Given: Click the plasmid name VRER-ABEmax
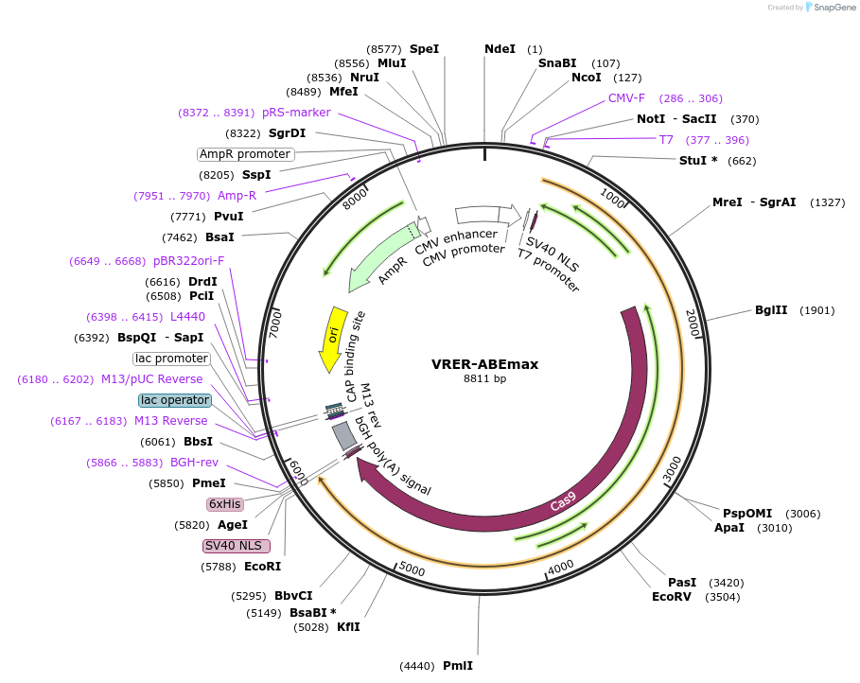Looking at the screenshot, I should click(484, 364).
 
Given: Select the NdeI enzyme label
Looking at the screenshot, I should click(500, 49).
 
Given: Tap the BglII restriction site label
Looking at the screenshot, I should click(770, 310).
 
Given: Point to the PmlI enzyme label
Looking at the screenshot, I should click(458, 666).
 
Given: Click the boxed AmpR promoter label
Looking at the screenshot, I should click(245, 154).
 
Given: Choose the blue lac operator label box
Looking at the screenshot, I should click(174, 400).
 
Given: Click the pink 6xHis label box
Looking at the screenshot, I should click(224, 504).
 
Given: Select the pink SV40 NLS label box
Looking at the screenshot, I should click(237, 546).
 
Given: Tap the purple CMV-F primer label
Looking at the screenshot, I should click(626, 98).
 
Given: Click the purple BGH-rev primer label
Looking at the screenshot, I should click(194, 463).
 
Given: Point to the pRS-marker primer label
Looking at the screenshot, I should click(296, 113).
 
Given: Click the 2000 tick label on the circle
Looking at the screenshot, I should click(692, 323).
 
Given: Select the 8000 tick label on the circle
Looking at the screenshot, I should click(356, 201).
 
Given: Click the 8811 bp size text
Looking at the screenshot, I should click(484, 379).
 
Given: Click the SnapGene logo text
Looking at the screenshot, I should click(832, 7).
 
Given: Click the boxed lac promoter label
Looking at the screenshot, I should click(171, 359).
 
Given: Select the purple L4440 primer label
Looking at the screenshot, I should click(187, 317).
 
